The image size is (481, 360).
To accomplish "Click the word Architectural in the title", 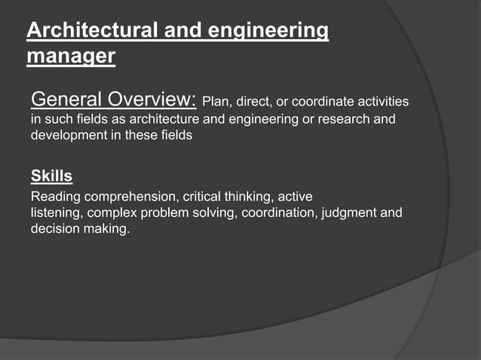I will tap(92, 31).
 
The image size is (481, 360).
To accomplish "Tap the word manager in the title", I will tap(71, 56).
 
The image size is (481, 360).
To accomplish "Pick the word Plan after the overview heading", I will tap(214, 102).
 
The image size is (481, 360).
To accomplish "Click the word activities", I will tap(381, 102).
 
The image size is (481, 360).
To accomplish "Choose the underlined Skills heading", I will tap(51, 177).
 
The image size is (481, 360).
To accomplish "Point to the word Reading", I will tap(52, 197).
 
